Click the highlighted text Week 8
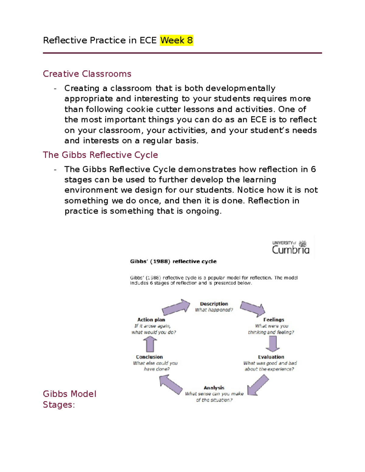click(x=176, y=40)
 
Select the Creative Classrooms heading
click(x=87, y=74)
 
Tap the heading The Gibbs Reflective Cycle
click(x=100, y=155)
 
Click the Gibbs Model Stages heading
click(x=69, y=399)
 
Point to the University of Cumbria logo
click(x=290, y=247)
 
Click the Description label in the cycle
click(x=214, y=304)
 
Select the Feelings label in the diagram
click(x=273, y=320)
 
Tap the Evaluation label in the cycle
click(x=271, y=357)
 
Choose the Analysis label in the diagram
click(x=214, y=388)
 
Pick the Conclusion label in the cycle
click(x=149, y=357)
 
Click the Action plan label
click(x=151, y=320)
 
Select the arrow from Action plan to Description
click(x=176, y=307)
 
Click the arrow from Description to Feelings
click(x=252, y=308)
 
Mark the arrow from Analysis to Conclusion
click(x=171, y=384)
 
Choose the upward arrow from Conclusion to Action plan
click(x=150, y=345)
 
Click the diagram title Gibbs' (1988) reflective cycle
click(x=173, y=261)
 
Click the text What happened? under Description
click(x=214, y=310)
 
